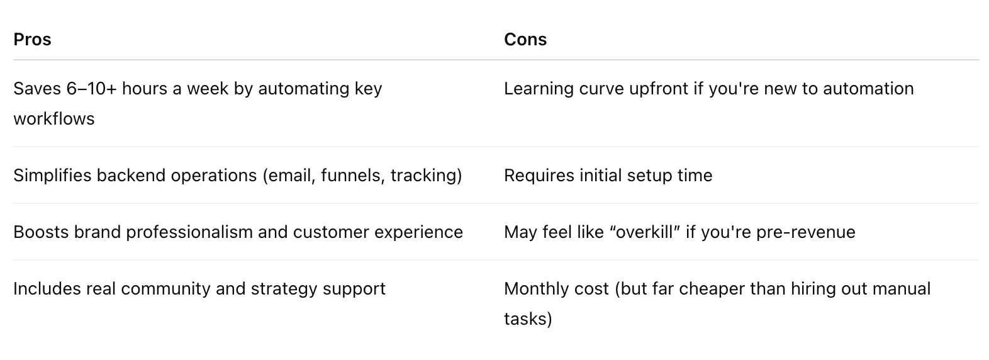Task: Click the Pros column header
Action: coord(32,39)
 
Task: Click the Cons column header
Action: coord(525,39)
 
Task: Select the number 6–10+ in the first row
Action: coord(92,89)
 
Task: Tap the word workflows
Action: coord(54,119)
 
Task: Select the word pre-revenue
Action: coord(806,232)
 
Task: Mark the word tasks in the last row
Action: coord(525,319)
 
